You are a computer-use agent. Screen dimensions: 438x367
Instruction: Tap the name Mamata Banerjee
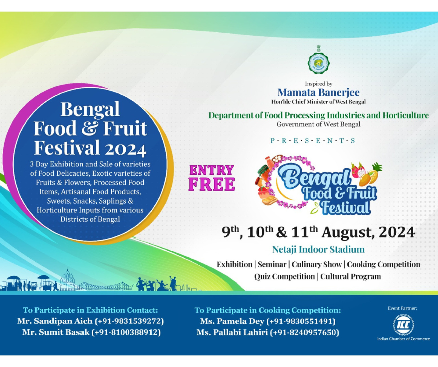click(318, 93)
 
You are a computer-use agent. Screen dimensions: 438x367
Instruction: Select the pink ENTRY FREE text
click(212, 178)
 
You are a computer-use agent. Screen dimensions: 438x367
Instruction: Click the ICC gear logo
click(404, 325)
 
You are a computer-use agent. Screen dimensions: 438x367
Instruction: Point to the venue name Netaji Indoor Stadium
click(318, 249)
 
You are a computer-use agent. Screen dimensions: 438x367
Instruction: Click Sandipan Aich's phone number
click(129, 321)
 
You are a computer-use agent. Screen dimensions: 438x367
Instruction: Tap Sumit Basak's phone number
click(126, 332)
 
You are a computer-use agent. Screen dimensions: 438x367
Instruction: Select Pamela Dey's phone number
click(301, 321)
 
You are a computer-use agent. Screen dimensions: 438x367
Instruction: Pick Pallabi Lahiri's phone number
click(304, 332)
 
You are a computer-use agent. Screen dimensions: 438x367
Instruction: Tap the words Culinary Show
click(317, 264)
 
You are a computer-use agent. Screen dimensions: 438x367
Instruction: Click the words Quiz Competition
click(284, 276)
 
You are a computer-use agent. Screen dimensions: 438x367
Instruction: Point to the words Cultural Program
click(351, 276)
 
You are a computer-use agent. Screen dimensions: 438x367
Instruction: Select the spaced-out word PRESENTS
click(313, 141)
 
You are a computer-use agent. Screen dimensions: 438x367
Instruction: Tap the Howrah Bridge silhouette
click(104, 285)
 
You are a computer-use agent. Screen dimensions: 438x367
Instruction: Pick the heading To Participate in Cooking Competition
click(268, 310)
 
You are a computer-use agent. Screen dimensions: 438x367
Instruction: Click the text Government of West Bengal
click(318, 125)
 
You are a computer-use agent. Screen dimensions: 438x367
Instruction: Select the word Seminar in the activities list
click(272, 264)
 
